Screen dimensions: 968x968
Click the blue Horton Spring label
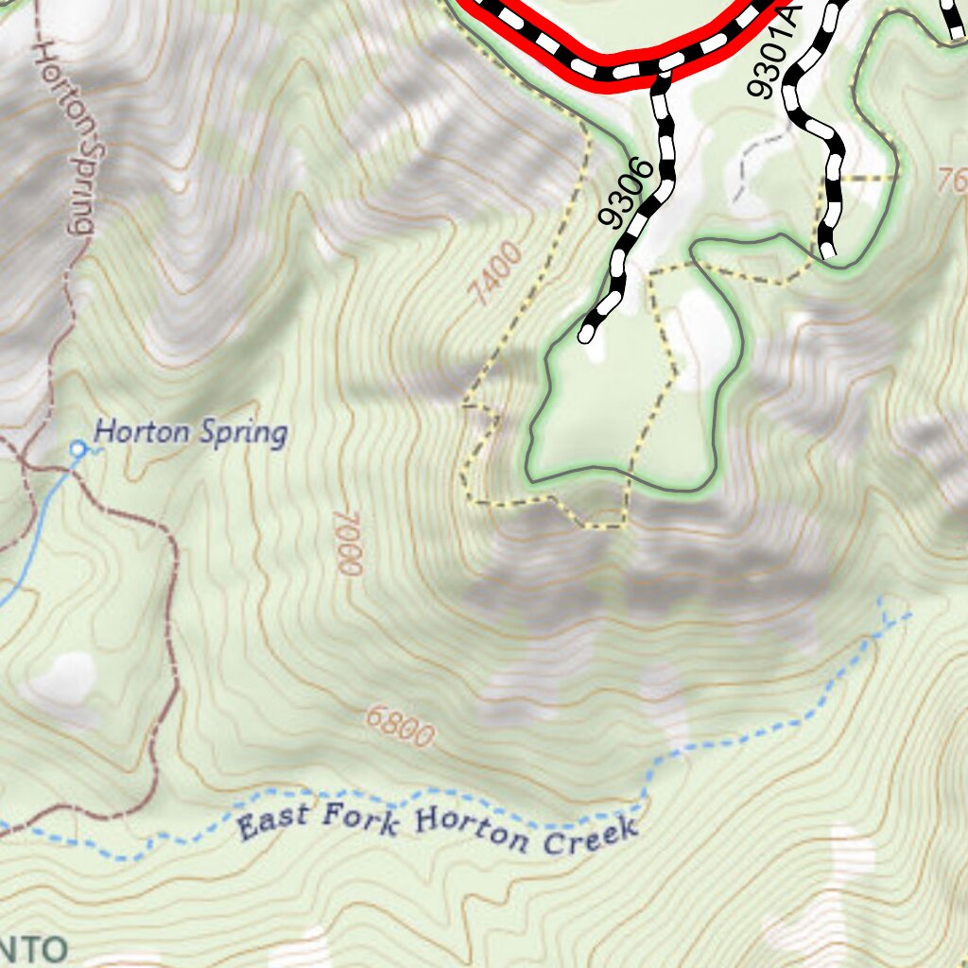[x=190, y=433]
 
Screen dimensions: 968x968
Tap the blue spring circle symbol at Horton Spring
[x=78, y=447]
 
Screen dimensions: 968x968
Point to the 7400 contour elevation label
[x=494, y=274]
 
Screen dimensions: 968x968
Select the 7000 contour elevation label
[x=348, y=543]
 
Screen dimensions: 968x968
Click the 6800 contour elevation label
[x=399, y=727]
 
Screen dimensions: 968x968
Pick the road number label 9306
[x=626, y=194]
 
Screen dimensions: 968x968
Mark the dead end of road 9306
[x=587, y=335]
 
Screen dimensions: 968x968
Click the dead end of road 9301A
[x=828, y=251]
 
